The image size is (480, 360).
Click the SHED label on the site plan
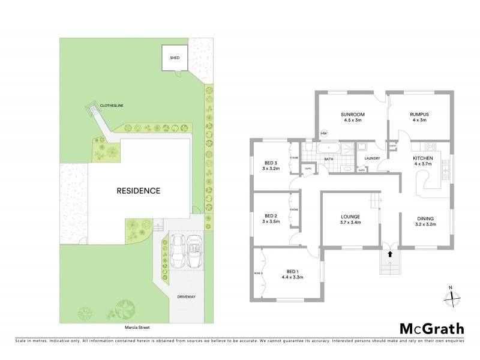coord(175,58)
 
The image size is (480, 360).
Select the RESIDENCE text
coord(139,191)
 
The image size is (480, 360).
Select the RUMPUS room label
coord(419,114)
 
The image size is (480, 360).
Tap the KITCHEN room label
coord(422,158)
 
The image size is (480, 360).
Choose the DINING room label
coord(425,218)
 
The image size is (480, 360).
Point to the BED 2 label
coord(270,215)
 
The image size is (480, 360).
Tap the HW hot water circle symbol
coord(324,133)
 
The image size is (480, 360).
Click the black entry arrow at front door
coord(390,254)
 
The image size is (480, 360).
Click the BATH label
coord(329,159)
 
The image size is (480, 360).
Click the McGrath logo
coord(431,328)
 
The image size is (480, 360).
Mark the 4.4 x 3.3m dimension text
coord(292,277)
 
